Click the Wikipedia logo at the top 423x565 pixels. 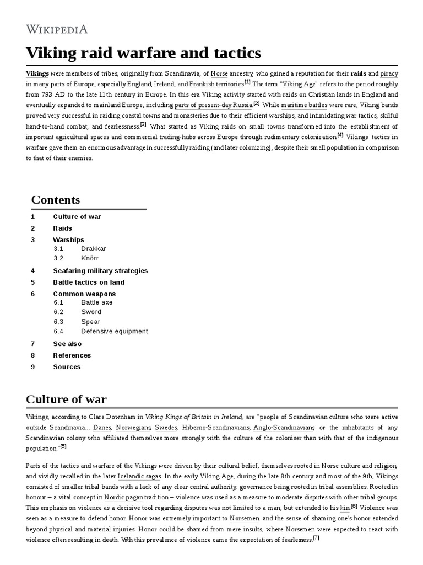pos(57,29)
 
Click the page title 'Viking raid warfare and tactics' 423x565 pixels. pos(143,54)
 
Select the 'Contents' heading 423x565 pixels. pos(55,200)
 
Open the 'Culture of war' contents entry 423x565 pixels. pos(77,217)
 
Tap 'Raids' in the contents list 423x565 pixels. pos(62,228)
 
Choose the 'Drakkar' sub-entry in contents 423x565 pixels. pos(93,249)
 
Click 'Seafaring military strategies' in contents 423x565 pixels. pos(100,271)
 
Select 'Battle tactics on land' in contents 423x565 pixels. pos(89,282)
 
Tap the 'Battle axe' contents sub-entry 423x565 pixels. pos(96,302)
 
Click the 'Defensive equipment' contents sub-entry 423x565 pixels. pos(114,332)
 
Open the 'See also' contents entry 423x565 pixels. pos(67,344)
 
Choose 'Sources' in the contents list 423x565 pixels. pos(67,367)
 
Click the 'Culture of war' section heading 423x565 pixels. pos(66,399)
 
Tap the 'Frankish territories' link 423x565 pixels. pos(216,84)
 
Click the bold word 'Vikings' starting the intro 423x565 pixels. pos(37,73)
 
